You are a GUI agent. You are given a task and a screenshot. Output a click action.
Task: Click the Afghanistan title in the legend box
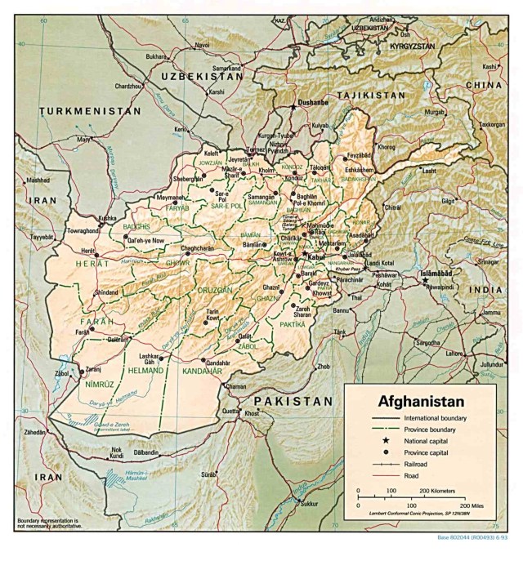coord(420,401)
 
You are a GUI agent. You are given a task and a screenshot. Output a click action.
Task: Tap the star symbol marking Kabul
coord(304,253)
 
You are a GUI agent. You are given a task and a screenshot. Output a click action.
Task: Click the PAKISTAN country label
coord(293,401)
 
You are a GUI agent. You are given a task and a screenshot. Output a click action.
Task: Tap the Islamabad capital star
coord(425,280)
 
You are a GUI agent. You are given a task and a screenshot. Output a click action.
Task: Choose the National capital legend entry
coord(427,439)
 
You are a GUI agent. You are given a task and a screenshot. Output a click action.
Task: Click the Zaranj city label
coord(92,369)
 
